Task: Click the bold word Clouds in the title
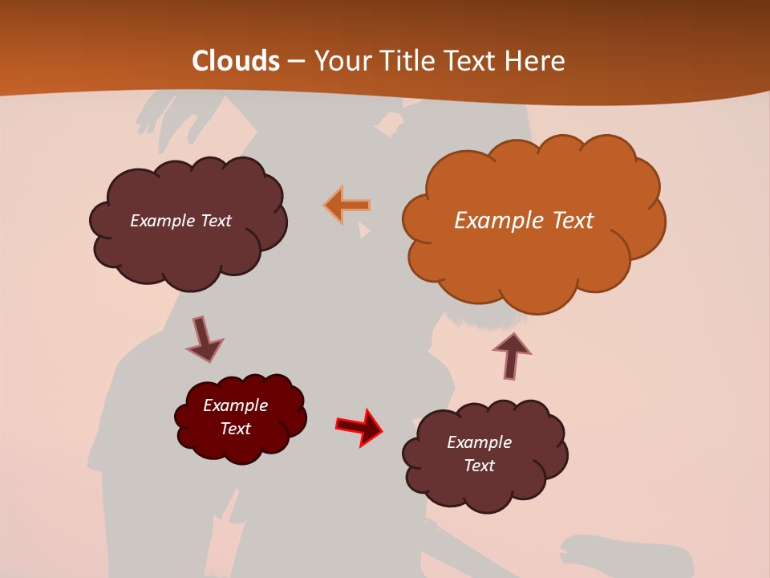tap(236, 61)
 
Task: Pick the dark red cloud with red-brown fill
tap(241, 417)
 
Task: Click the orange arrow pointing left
tap(347, 206)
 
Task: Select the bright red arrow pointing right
tap(359, 426)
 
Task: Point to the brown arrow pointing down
tap(203, 339)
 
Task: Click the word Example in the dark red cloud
tap(235, 405)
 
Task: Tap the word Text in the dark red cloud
tap(235, 429)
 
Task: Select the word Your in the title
tap(343, 61)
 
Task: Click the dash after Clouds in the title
tap(296, 62)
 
